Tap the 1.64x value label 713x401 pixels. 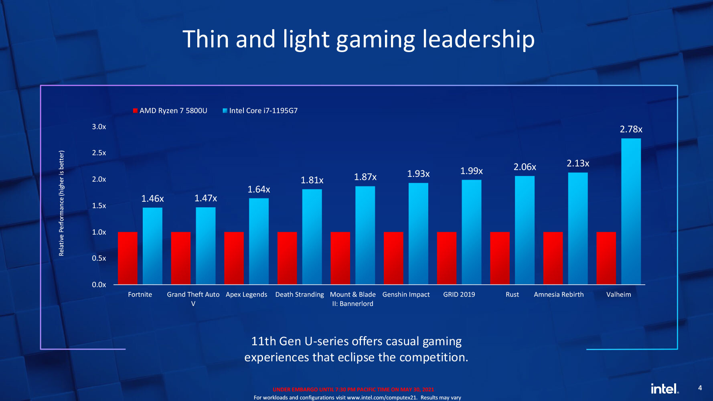point(259,189)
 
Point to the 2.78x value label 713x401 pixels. point(631,129)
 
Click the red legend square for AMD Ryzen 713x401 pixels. point(136,111)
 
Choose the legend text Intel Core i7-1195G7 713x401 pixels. point(263,111)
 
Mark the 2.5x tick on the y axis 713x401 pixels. point(99,153)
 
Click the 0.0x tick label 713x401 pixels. point(99,285)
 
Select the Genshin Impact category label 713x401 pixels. point(406,294)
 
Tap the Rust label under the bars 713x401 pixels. point(512,294)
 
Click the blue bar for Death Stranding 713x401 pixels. point(312,237)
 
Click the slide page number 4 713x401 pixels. point(700,388)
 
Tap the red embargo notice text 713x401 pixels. point(353,389)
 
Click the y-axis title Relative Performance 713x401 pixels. point(61,203)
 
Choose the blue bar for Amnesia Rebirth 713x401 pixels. point(578,229)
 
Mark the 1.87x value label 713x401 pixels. point(365,177)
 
